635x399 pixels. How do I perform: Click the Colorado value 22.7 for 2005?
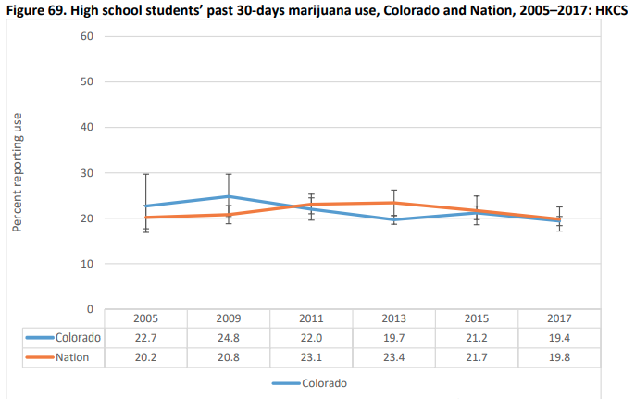145,338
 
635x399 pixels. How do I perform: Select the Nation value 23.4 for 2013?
393,358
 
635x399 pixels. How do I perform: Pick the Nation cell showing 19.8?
558,358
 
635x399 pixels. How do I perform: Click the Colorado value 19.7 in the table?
393,338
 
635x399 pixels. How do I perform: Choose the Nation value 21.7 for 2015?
476,358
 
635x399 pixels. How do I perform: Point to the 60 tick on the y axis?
89,36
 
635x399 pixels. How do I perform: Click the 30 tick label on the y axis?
89,173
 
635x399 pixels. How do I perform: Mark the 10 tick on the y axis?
89,264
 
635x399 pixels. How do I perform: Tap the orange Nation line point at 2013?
393,203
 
